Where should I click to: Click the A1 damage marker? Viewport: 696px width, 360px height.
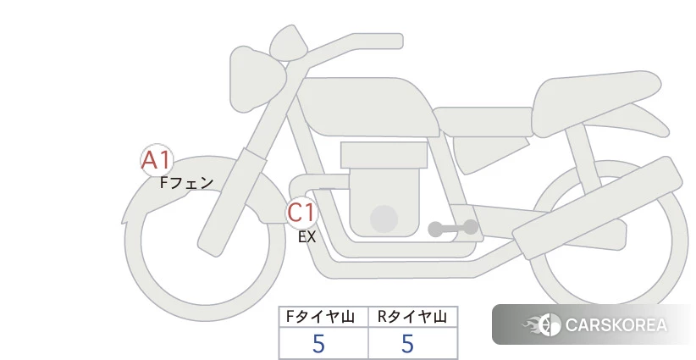[157, 160]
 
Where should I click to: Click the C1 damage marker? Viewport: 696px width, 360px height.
[301, 213]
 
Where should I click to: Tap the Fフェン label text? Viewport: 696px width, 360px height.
[187, 182]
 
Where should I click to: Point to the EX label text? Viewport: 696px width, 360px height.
[307, 237]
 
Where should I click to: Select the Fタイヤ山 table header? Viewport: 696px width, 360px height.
[320, 317]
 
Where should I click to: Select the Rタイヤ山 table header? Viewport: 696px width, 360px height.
[412, 317]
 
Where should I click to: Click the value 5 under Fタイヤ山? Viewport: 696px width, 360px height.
[318, 344]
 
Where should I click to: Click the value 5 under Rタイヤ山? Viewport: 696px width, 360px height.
[407, 344]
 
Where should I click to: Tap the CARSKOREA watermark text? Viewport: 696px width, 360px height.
[616, 325]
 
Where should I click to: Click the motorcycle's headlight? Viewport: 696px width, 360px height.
[257, 79]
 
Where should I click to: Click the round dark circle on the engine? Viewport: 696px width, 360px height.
[384, 219]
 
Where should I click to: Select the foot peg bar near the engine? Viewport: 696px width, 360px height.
[453, 228]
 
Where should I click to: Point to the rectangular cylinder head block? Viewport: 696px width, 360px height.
[384, 155]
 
